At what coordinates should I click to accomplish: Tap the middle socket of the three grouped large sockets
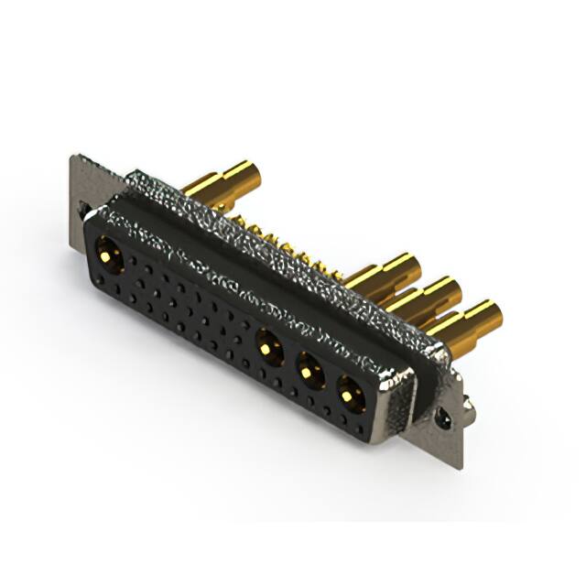[309, 370]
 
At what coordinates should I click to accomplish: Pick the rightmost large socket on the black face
[350, 394]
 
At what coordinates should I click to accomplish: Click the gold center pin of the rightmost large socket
[350, 394]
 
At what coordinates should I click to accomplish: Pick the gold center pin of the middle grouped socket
[309, 370]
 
